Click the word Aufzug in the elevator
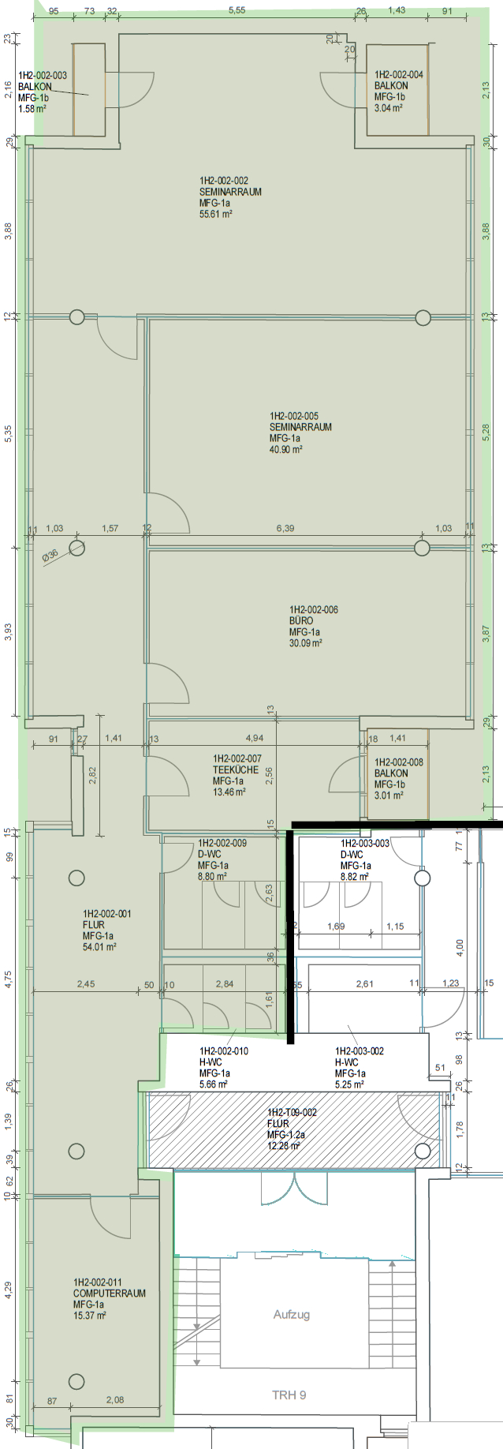click(x=292, y=1314)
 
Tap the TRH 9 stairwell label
click(x=289, y=1395)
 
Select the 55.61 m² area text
click(x=216, y=214)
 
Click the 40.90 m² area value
click(x=286, y=449)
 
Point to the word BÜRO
click(x=301, y=620)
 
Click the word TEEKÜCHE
click(x=236, y=769)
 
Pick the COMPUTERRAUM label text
click(x=110, y=1294)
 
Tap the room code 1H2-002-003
click(x=43, y=76)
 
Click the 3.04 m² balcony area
click(x=389, y=108)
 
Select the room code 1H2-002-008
click(x=399, y=762)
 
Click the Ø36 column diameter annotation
click(x=50, y=556)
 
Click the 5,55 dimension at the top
click(x=237, y=10)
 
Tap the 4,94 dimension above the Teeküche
click(x=255, y=739)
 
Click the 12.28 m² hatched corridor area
click(x=283, y=1145)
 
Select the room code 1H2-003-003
click(x=365, y=843)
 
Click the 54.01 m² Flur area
click(x=99, y=947)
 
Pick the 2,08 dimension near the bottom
click(x=114, y=1400)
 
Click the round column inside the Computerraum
click(x=76, y=1381)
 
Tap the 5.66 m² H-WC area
click(x=214, y=1084)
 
